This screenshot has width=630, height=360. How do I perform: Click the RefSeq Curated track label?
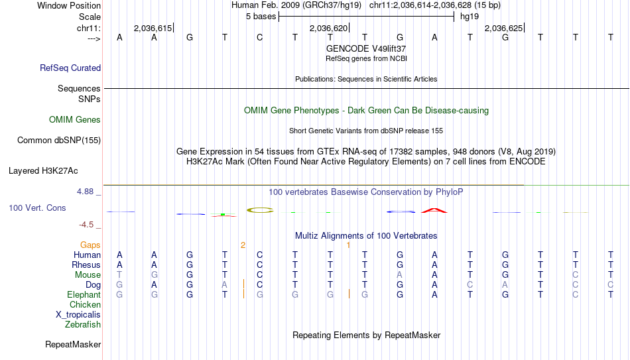70,68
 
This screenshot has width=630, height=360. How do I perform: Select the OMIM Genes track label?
75,120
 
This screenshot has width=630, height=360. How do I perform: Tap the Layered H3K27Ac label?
43,171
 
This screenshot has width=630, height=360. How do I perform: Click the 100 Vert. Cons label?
37,208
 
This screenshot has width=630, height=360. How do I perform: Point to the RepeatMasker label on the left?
73,344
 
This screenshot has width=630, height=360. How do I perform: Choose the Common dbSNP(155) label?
59,141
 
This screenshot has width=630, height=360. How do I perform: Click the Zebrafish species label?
83,324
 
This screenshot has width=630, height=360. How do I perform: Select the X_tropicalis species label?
78,315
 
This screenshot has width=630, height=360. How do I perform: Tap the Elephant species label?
84,294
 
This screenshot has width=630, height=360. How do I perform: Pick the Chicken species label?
85,304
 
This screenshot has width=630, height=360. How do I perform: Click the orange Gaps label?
90,245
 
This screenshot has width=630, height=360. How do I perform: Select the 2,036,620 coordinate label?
328,28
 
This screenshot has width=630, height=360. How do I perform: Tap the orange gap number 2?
243,245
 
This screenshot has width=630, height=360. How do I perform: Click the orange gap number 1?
348,245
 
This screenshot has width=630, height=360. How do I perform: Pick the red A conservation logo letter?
434,210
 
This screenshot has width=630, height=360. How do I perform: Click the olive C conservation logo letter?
260,210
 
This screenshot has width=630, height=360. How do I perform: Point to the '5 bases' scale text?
261,17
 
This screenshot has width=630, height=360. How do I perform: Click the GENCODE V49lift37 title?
366,48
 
